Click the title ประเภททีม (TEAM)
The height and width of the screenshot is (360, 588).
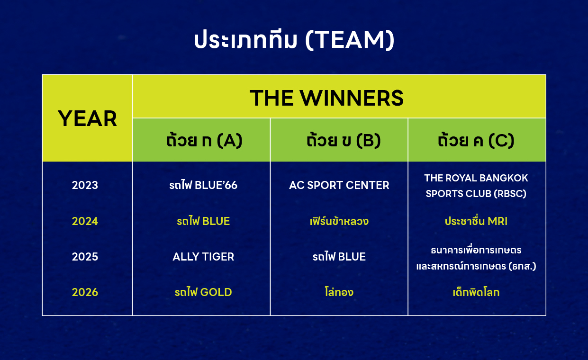[x=294, y=40]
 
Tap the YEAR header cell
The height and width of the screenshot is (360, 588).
[x=87, y=118]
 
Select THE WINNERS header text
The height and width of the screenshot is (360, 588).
[x=326, y=98]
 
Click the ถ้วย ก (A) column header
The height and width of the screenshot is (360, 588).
[x=204, y=140]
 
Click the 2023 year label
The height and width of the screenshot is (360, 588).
[x=85, y=185]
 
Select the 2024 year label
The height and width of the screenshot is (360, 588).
[x=85, y=221]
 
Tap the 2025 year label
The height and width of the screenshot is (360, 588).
[x=85, y=257]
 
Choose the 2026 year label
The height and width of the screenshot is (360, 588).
[x=85, y=292]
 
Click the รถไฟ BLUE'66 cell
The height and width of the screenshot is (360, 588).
[x=203, y=185]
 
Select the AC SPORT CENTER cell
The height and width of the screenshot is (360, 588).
[x=339, y=185]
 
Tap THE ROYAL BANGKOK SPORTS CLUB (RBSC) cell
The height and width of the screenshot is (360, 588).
[x=476, y=186]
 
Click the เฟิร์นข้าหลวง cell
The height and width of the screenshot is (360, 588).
[x=339, y=221]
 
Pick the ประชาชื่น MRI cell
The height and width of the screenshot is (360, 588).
[x=476, y=221]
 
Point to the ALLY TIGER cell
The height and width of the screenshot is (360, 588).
[x=203, y=257]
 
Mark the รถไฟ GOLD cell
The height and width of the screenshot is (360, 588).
[x=203, y=292]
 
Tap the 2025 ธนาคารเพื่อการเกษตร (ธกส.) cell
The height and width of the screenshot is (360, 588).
[x=476, y=258]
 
